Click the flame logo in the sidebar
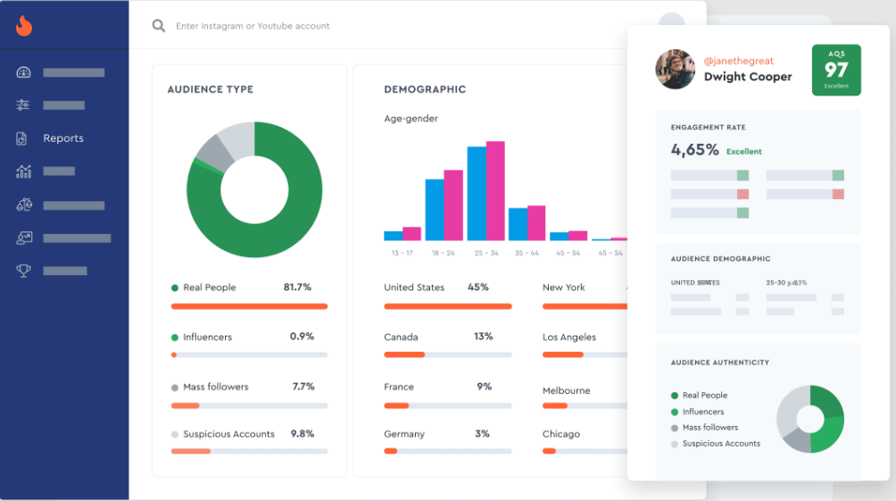pos(24,26)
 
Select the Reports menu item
pos(63,138)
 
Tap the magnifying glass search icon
pos(159,26)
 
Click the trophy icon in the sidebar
pos(24,271)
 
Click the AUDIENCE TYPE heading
pos(210,89)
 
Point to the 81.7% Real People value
pos(297,288)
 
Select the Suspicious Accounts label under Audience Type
pos(228,434)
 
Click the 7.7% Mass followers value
pos(303,387)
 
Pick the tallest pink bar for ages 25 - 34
pos(495,191)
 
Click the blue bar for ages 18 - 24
pos(435,210)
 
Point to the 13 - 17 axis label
pos(402,254)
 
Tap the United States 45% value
pos(478,288)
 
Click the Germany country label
pos(404,434)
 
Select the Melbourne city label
pos(566,391)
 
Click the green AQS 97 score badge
pos(836,70)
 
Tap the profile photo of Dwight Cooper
pos(676,69)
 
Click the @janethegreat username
pos(738,61)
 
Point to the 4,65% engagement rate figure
pos(694,150)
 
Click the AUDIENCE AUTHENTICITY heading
pos(719,363)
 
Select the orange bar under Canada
pos(404,355)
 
